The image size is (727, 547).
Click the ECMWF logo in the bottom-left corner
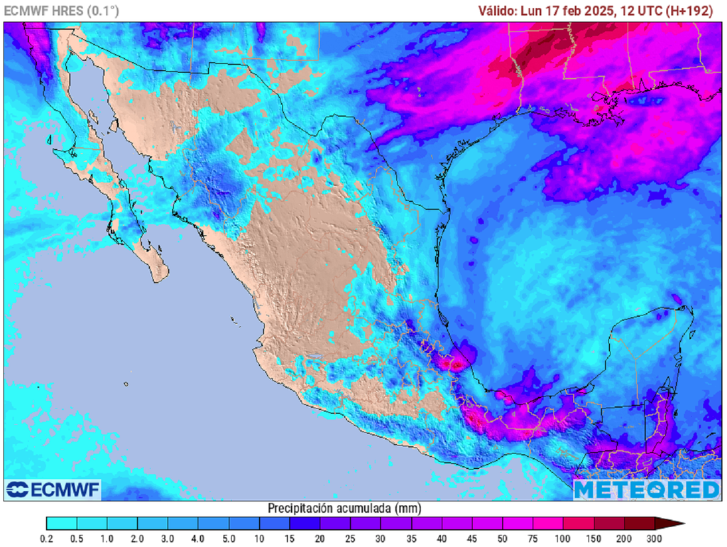pos(53,489)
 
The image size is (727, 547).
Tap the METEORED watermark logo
pos(646,489)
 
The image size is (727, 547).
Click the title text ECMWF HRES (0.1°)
pos(62,11)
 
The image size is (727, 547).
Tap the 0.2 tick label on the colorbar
pos(46,538)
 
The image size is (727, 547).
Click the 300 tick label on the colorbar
pos(655,538)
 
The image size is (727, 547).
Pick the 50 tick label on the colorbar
pos(503,538)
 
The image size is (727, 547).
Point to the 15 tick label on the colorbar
pos(290,538)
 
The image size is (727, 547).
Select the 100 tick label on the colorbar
pos(564,538)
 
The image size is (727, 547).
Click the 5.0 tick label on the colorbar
pos(229,538)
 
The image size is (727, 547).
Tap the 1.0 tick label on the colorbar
pos(107,538)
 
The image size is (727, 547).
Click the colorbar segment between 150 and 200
pos(609,524)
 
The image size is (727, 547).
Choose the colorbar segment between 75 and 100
pos(548,524)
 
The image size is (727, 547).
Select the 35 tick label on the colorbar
pos(411,538)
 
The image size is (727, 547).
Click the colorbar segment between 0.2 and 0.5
pos(61,524)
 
